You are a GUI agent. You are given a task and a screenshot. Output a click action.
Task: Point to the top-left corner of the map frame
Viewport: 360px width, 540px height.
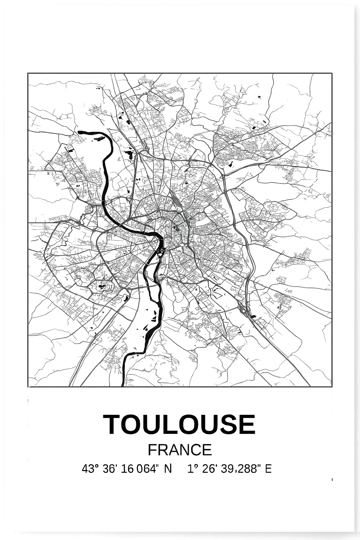pos(28,73)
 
